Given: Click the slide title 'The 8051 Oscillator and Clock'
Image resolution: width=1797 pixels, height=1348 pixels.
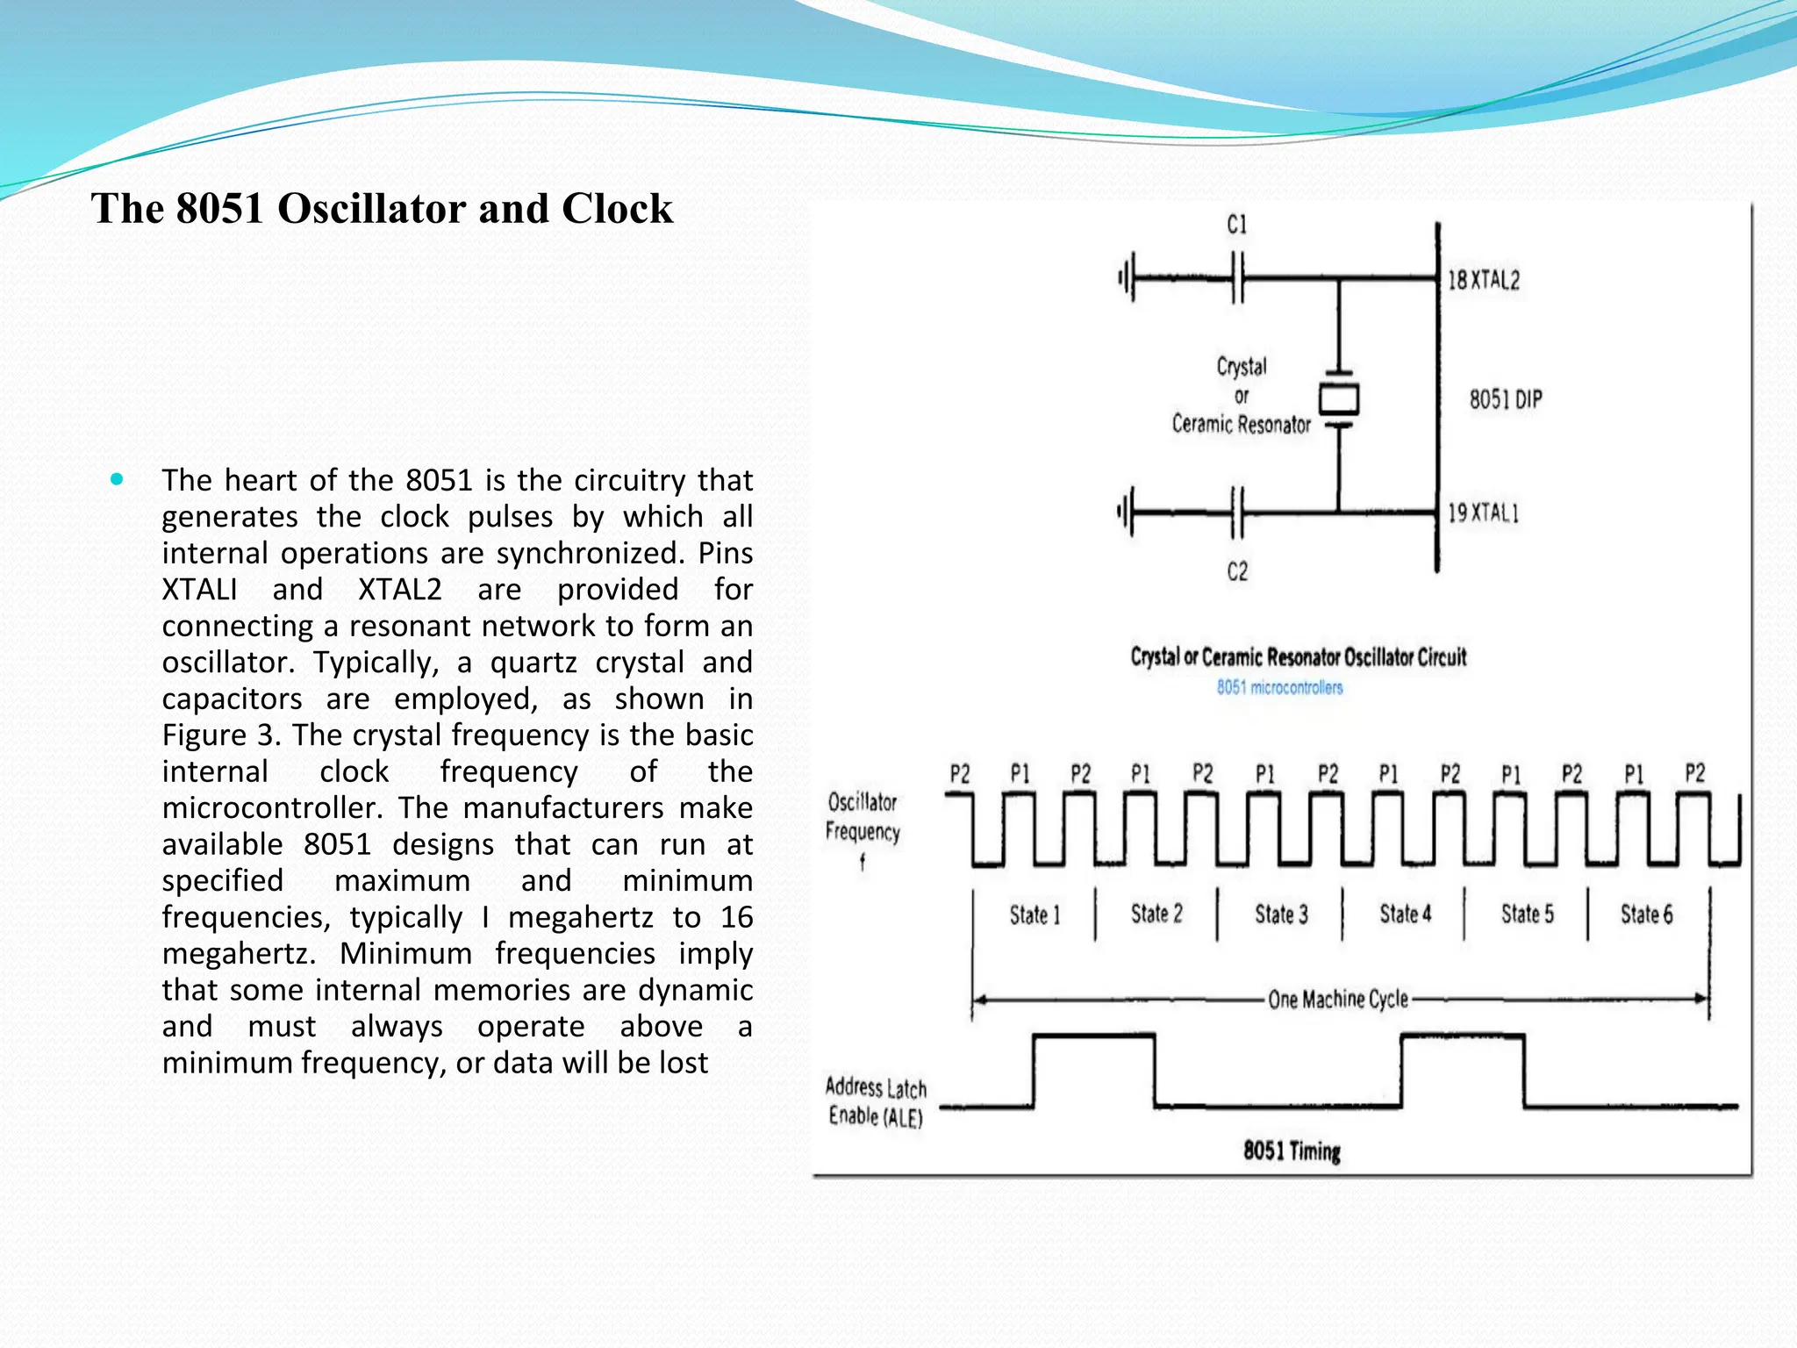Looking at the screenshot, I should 382,209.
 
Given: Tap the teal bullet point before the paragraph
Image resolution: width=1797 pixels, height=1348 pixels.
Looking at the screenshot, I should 117,479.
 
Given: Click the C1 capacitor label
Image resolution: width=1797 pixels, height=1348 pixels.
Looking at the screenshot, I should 1236,226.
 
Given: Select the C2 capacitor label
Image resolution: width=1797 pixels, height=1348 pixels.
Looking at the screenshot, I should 1237,572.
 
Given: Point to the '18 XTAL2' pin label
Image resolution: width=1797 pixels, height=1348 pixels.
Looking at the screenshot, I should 1483,281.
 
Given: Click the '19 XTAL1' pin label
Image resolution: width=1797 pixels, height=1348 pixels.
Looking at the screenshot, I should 1483,513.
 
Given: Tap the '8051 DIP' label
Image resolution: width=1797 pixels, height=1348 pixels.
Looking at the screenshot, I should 1506,400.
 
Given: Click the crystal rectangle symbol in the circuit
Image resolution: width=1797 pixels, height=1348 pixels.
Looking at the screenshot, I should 1339,399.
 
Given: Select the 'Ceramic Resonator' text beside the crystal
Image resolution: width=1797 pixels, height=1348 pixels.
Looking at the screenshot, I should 1241,425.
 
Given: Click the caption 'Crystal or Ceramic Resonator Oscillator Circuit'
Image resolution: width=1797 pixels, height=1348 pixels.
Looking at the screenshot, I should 1298,657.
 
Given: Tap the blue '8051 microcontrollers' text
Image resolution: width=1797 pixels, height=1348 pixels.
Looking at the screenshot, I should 1279,687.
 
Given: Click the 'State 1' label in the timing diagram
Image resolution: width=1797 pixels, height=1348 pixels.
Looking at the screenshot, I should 1035,915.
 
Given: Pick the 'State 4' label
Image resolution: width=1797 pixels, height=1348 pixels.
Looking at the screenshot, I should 1405,914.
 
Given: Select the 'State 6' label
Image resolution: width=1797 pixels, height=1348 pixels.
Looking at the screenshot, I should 1646,914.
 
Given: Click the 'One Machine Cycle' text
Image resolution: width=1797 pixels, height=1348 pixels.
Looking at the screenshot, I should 1337,1000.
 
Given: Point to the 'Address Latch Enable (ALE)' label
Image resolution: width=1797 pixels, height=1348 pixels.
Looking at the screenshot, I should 876,1102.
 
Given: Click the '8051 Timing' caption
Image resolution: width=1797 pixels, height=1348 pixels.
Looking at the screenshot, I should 1292,1151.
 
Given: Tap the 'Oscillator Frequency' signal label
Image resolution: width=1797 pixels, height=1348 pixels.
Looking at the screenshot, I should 863,818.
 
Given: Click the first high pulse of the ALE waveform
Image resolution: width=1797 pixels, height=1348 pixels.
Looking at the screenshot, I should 1094,1038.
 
